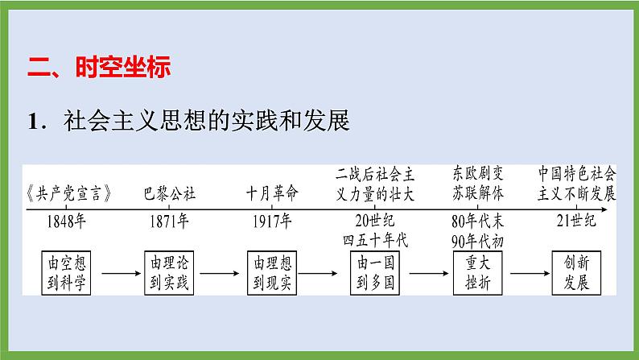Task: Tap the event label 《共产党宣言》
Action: (x=68, y=194)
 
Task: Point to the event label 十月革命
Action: (x=272, y=194)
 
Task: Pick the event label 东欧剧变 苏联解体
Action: (x=478, y=184)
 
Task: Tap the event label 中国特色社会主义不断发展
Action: (x=578, y=184)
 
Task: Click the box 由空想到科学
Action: (x=68, y=272)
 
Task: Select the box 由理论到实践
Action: (x=170, y=272)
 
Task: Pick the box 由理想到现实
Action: (x=272, y=272)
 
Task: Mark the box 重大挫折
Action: (x=478, y=272)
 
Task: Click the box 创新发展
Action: (x=578, y=272)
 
